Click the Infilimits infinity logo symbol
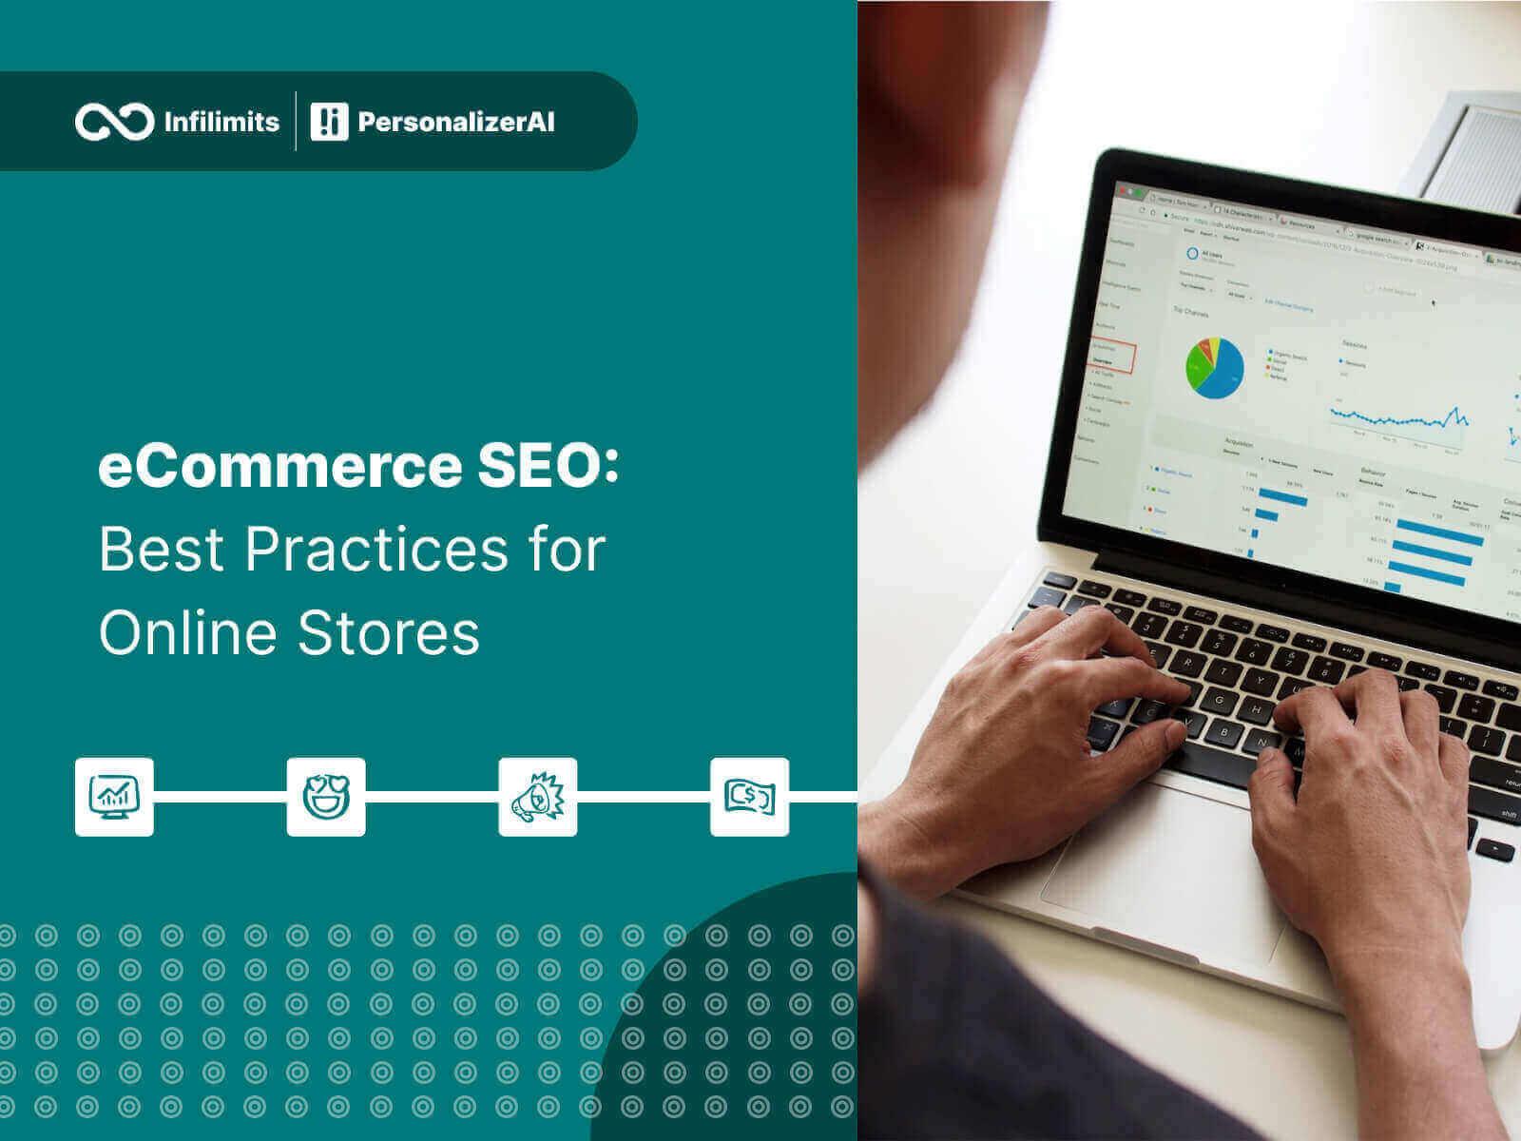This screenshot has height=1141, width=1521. tap(114, 122)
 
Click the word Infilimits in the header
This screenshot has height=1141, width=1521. tap(221, 122)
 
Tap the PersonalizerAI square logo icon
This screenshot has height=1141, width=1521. tap(329, 122)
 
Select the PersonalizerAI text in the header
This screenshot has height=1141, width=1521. tap(455, 122)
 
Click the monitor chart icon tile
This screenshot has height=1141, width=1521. tap(114, 797)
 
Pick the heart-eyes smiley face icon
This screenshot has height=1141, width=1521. tap(326, 797)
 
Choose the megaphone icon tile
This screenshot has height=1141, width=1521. tap(538, 797)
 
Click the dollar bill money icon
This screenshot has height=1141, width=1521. tap(749, 797)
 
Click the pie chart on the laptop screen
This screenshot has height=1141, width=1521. tap(1214, 367)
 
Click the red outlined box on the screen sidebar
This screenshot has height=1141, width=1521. tap(1113, 355)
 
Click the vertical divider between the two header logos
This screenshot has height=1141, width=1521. tap(296, 122)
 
